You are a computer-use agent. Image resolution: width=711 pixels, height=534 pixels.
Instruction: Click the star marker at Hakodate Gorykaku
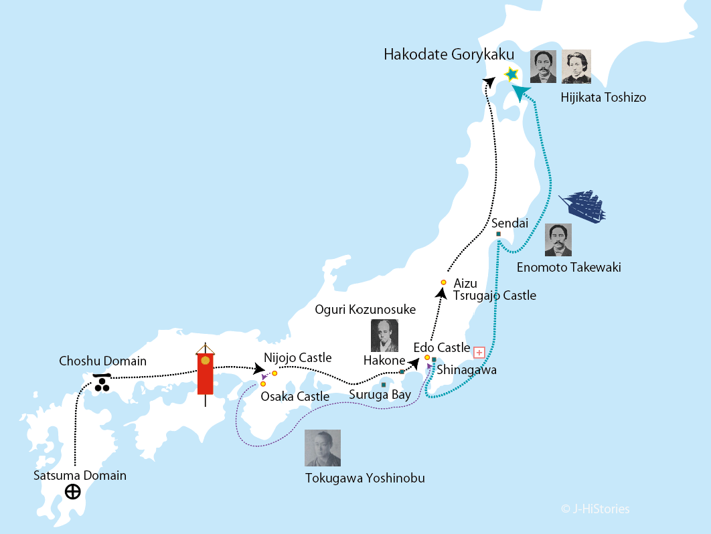[x=511, y=74]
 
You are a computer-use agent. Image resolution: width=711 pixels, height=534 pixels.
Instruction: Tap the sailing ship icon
[x=582, y=206]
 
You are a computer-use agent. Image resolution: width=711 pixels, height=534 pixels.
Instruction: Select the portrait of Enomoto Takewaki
[x=558, y=240]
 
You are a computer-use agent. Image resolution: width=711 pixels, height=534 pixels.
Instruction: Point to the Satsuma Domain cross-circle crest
[x=73, y=493]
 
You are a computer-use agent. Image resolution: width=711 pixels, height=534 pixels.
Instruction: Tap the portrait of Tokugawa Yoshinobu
[x=323, y=448]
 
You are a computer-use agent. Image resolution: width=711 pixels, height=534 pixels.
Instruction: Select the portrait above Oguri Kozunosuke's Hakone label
[x=384, y=335]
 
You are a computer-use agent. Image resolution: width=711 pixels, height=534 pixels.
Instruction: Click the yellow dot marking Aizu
[x=443, y=282]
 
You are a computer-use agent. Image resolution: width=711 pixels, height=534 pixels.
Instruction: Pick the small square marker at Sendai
[x=499, y=234]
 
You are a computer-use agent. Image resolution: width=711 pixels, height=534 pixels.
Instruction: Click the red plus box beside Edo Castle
[x=479, y=352]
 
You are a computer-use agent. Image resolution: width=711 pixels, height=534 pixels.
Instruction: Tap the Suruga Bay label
[x=380, y=395]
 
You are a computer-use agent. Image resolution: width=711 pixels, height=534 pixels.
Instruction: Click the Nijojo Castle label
[x=297, y=358]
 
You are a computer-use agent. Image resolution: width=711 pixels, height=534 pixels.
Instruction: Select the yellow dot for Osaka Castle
[x=263, y=383]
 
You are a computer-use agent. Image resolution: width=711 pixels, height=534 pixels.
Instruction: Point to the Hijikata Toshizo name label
[x=603, y=98]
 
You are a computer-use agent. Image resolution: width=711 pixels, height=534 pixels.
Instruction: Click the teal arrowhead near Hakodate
[x=520, y=92]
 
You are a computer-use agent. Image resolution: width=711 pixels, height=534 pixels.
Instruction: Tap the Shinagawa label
[x=467, y=369]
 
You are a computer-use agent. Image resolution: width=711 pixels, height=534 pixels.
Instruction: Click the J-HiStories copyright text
[x=595, y=509]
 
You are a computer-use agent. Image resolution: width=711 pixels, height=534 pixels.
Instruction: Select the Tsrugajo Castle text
[x=495, y=295]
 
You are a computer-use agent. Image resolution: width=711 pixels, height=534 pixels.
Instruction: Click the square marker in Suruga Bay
[x=383, y=385]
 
